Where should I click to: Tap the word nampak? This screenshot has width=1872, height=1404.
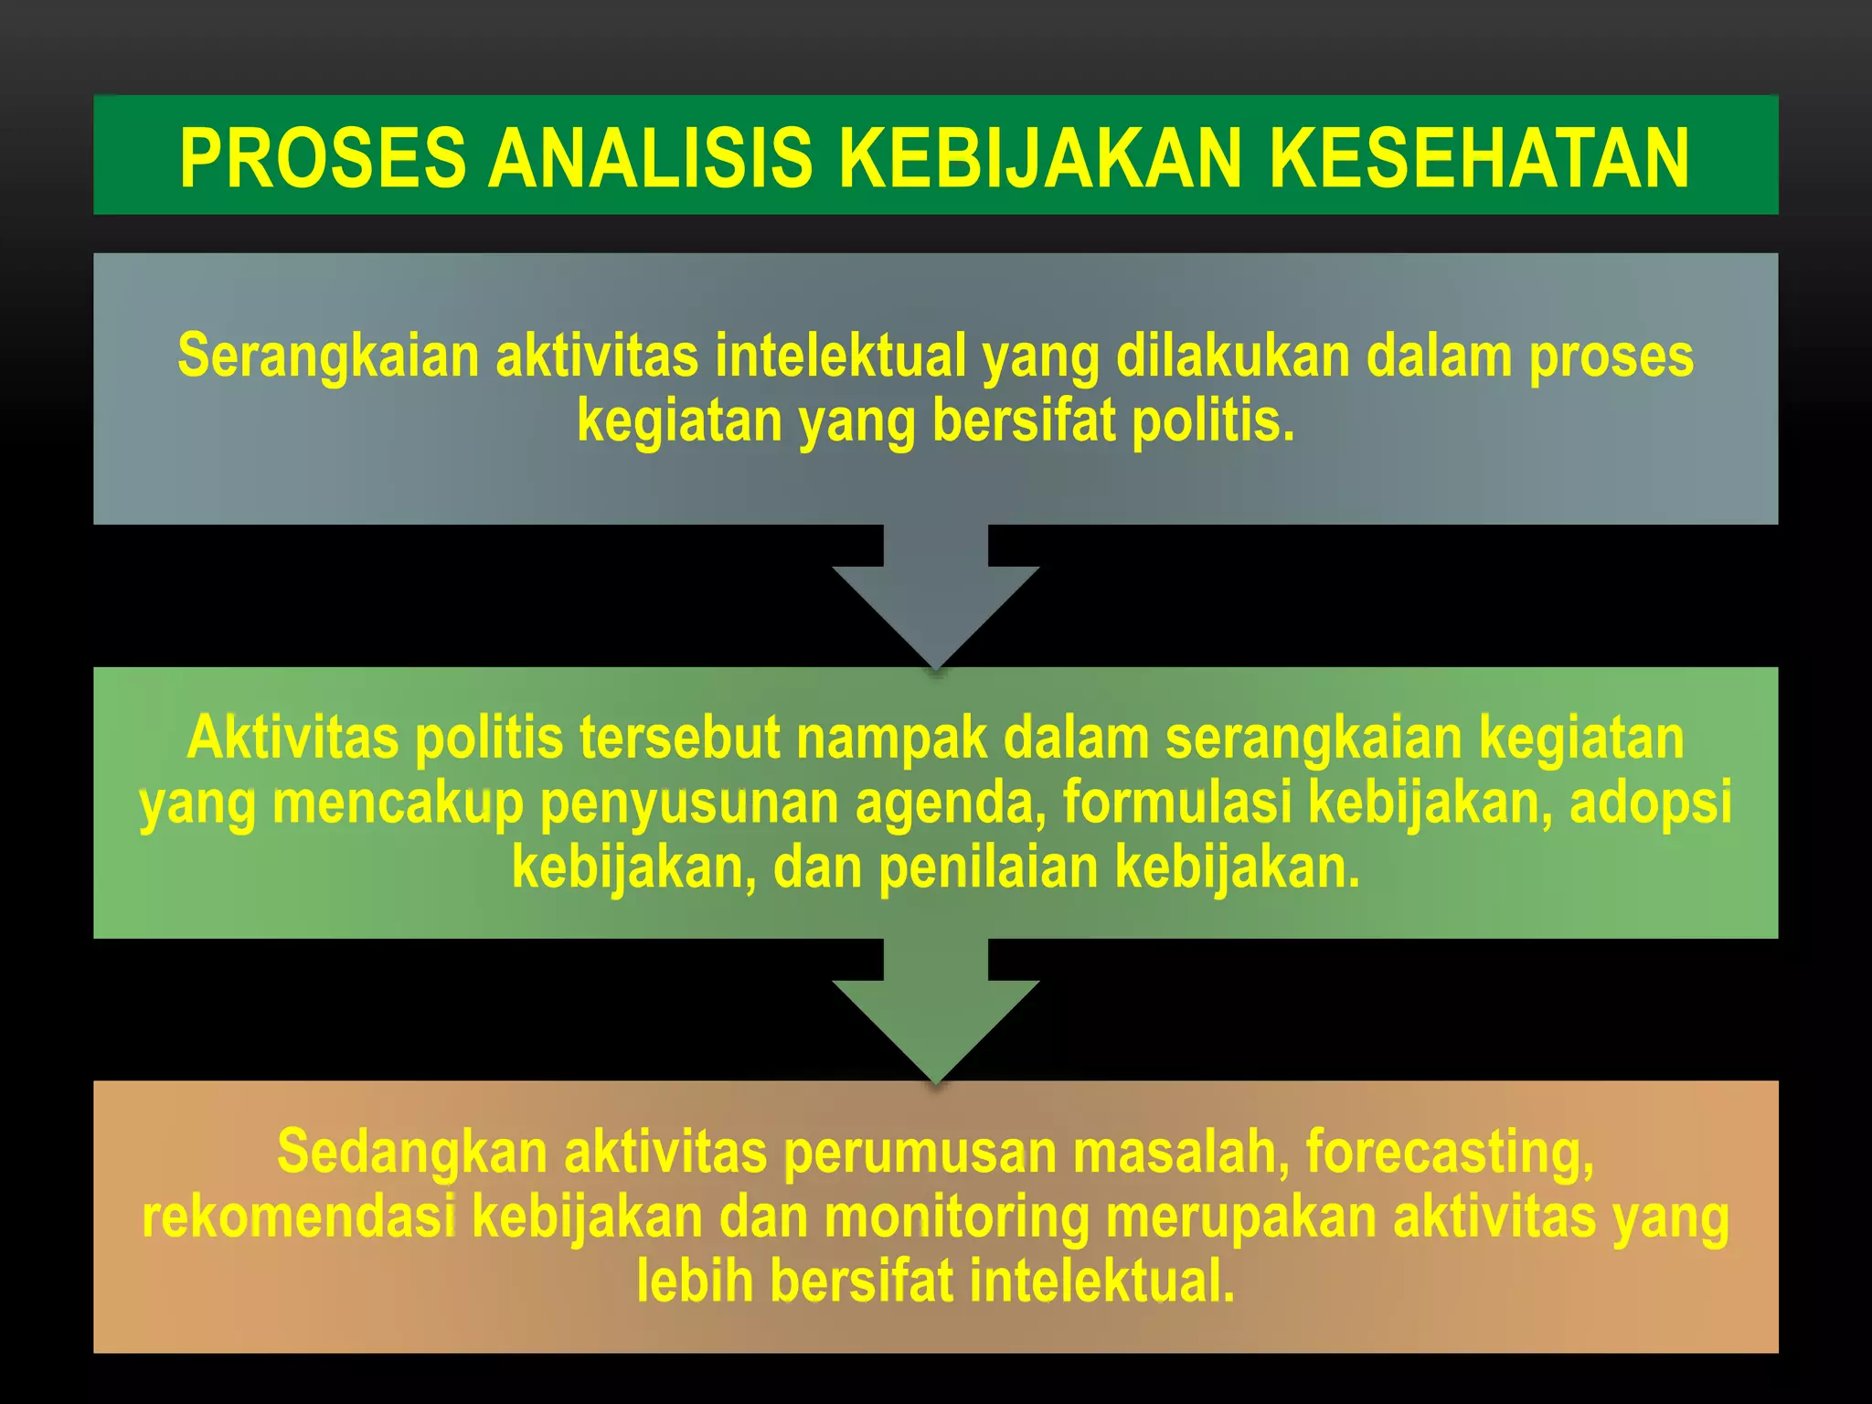click(x=891, y=738)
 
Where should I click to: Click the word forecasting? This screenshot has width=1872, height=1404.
click(x=1450, y=1153)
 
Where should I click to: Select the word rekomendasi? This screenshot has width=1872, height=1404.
click(x=299, y=1218)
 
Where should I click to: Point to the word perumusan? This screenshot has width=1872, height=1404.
click(x=920, y=1153)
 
